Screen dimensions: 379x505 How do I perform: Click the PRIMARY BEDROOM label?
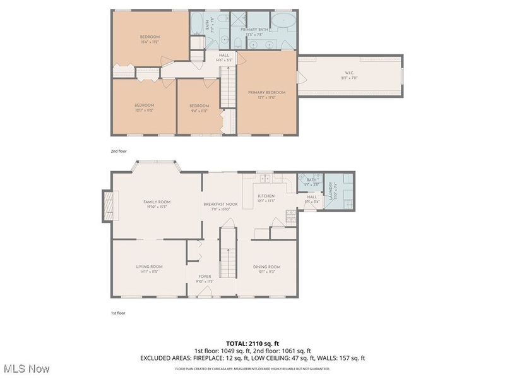click(x=268, y=93)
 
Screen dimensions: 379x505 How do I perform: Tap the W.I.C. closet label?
click(x=349, y=74)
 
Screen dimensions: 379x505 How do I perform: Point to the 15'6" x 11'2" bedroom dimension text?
click(x=150, y=42)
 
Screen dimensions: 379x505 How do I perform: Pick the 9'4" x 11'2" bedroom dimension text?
click(x=199, y=111)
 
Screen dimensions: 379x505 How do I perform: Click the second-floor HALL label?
click(x=224, y=56)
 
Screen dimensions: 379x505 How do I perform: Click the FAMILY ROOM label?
click(x=157, y=202)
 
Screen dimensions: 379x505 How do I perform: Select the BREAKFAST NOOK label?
click(x=220, y=204)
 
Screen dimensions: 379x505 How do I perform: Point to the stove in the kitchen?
click(x=290, y=217)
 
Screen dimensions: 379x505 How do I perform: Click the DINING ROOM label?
click(x=267, y=267)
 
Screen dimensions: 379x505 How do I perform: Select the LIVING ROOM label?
click(x=150, y=267)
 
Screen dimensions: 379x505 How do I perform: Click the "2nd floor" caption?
click(x=119, y=152)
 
